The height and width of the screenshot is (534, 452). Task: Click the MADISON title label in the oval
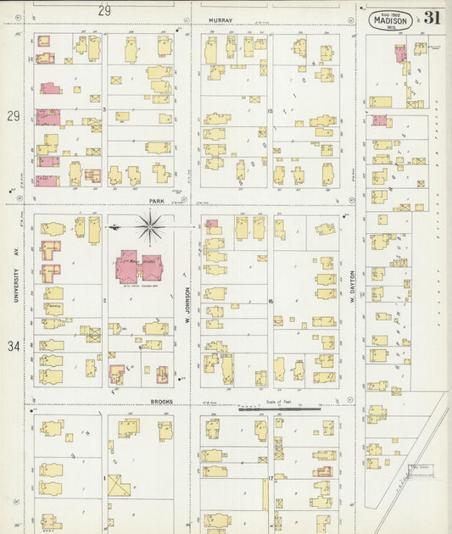pos(390,21)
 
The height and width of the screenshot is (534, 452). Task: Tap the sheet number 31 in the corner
pos(432,18)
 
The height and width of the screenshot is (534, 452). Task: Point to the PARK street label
pos(156,201)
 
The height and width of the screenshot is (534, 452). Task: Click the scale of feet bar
pos(280,409)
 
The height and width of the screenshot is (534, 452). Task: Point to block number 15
pos(270,111)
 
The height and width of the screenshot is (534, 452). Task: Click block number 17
pos(270,479)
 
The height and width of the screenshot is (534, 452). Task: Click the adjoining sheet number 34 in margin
pos(13,346)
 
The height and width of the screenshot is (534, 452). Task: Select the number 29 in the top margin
pos(104,10)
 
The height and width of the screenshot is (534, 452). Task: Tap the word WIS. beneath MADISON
pos(391,28)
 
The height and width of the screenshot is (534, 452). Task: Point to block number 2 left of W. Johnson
pos(104,300)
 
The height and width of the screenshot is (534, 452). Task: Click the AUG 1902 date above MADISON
pos(390,14)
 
